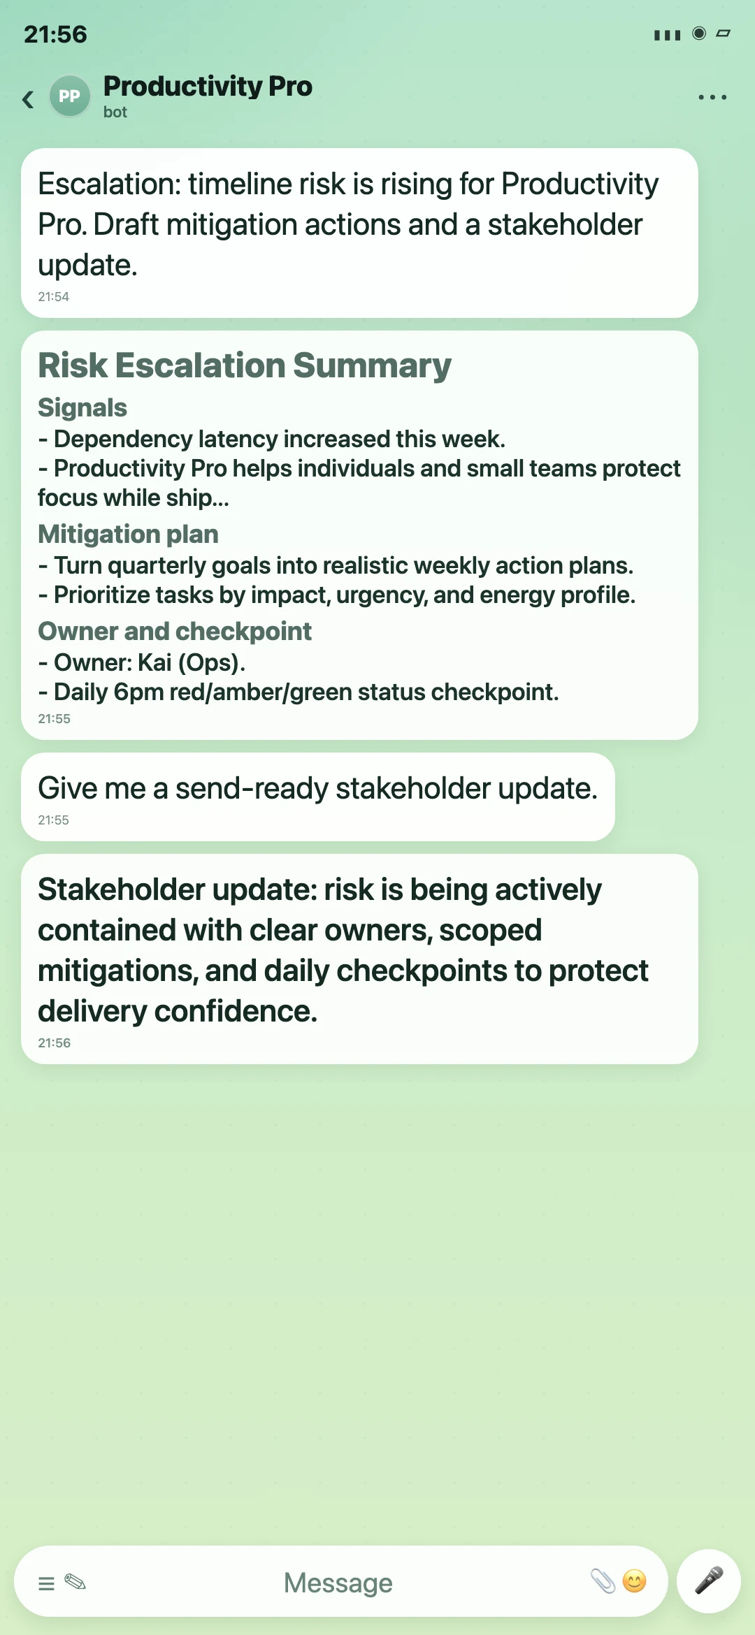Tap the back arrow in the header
[28, 99]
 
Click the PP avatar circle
[69, 96]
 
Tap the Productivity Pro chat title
[208, 87]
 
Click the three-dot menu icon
[712, 97]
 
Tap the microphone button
[709, 1581]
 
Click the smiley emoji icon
[634, 1581]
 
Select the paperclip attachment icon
[603, 1581]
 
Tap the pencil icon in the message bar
[75, 1582]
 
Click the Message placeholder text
[338, 1583]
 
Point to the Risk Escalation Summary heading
[245, 365]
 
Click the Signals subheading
[82, 407]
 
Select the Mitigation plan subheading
[128, 534]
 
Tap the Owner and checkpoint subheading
[175, 631]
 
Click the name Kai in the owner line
[154, 662]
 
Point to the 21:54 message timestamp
[54, 297]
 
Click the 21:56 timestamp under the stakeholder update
[55, 1043]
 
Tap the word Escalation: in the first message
[110, 184]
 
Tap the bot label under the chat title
[115, 112]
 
